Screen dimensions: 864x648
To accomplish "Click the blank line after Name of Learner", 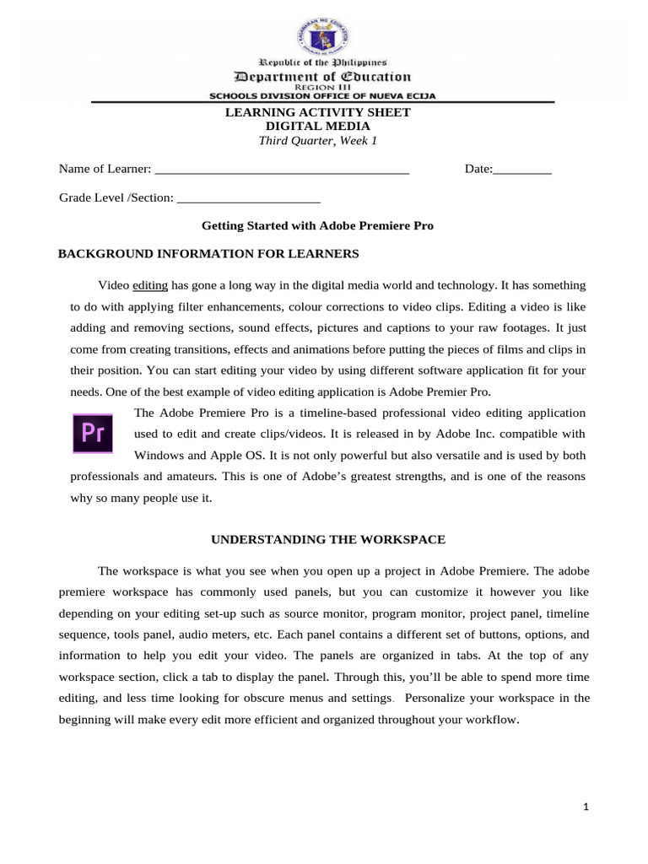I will (283, 170).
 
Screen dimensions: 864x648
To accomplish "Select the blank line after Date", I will (522, 170).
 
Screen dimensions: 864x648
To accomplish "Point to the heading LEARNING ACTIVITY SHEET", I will (317, 112).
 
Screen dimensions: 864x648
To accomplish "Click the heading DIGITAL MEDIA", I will (317, 126).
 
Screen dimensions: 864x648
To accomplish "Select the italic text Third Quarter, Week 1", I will (317, 140).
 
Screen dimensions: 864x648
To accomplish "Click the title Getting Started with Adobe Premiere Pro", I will (317, 226).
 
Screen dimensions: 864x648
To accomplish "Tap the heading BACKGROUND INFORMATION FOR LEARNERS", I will (208, 253).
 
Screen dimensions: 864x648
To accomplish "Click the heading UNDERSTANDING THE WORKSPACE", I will (327, 538).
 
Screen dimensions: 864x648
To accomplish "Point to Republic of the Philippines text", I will (323, 63).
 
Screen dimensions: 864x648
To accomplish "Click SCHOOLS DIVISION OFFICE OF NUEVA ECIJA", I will (323, 96).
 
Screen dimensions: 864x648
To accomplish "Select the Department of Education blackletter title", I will (323, 76).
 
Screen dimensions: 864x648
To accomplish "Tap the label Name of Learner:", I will (105, 170).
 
